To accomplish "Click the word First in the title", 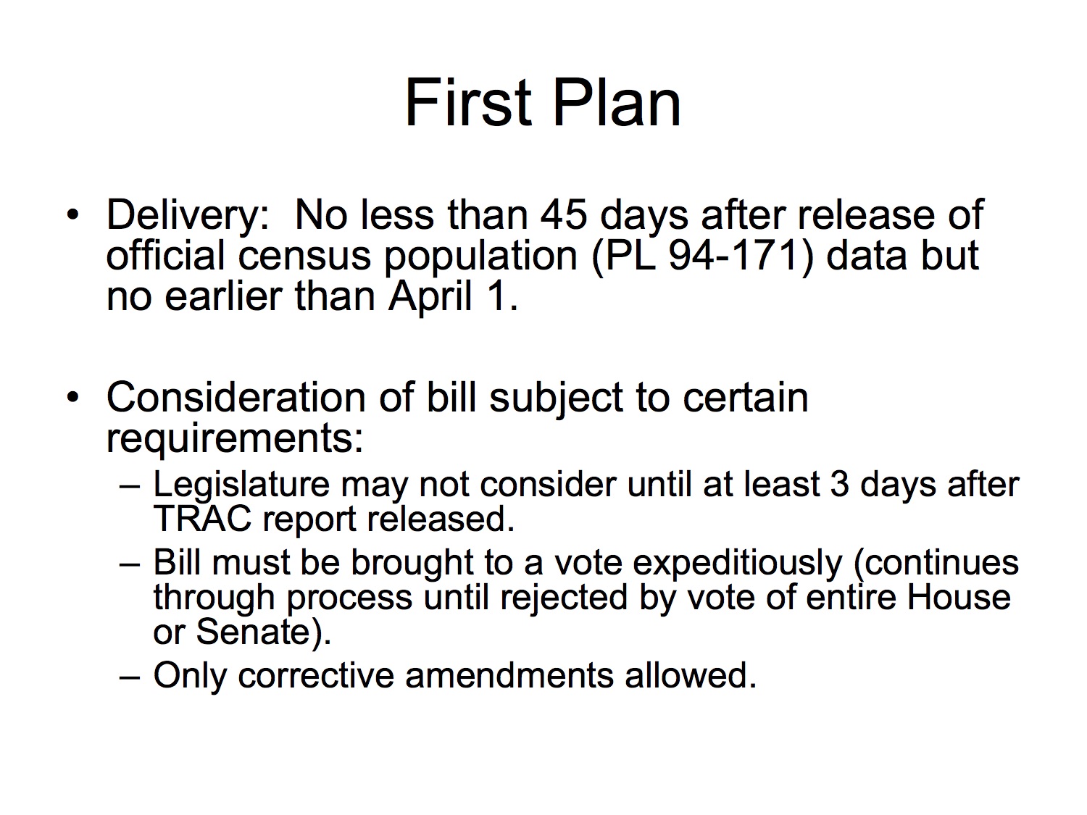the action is pos(468,103).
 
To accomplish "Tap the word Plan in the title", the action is pos(616,103).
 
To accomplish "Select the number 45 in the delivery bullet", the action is pos(564,215).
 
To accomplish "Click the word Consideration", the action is pos(236,398).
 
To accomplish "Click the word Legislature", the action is pos(241,486).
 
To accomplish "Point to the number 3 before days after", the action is pos(840,484).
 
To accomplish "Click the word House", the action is pos(958,598).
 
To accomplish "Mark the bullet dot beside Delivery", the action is pos(72,214).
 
